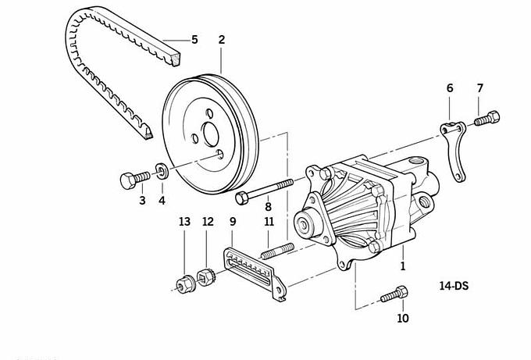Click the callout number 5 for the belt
point(194,39)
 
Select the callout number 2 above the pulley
point(222,39)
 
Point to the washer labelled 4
point(161,171)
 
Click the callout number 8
point(268,207)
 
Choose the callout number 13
point(184,223)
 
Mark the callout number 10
point(402,318)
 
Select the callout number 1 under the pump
point(403,266)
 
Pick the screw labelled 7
point(487,119)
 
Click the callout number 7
point(479,87)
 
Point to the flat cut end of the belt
point(181,57)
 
